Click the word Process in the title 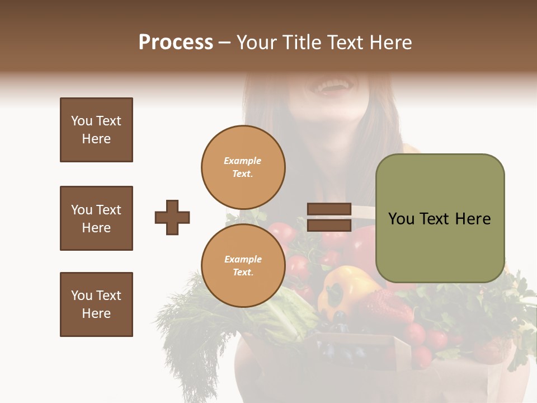point(176,43)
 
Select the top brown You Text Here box point(96,130)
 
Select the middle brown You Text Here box point(96,218)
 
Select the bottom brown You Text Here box point(96,304)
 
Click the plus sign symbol point(172,217)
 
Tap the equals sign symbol point(329,217)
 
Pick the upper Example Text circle point(243,167)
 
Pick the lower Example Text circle point(243,266)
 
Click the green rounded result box point(440,218)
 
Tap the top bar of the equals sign point(329,209)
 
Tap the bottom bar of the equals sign point(329,226)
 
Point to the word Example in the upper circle point(243,161)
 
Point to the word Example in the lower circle point(243,259)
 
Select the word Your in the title point(257,43)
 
